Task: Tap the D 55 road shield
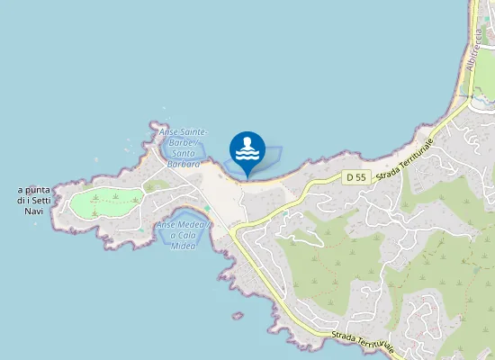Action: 355,178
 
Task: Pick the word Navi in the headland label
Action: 34,211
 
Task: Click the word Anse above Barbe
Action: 168,132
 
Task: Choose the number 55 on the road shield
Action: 360,178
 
